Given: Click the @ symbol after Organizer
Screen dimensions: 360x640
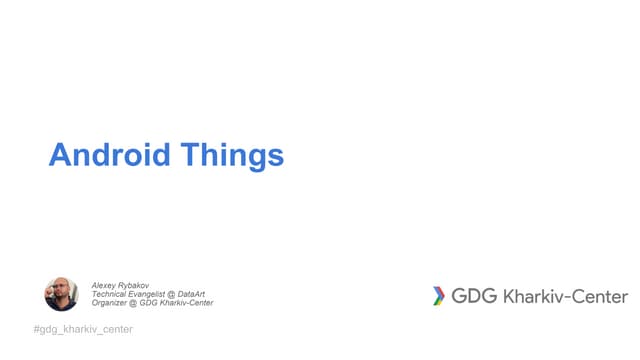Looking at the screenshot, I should point(137,303).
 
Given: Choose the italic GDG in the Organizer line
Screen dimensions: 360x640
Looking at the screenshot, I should point(153,303).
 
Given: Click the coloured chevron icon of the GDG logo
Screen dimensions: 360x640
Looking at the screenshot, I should point(438,296).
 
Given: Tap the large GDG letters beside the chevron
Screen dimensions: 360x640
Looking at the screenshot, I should point(474,296).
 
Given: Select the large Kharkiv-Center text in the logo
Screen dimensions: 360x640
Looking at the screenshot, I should point(565,296).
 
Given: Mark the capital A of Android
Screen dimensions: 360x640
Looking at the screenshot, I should point(59,156).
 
